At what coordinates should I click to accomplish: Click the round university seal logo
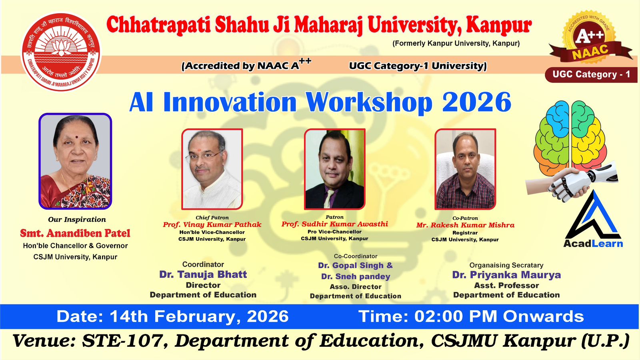click(x=61, y=52)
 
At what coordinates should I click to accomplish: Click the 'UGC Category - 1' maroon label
click(x=591, y=74)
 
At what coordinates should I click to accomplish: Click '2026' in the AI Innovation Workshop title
click(x=476, y=102)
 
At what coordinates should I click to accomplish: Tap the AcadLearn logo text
click(x=593, y=244)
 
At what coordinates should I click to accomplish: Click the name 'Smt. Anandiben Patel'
click(x=75, y=233)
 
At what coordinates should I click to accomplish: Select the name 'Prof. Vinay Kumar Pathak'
click(x=212, y=224)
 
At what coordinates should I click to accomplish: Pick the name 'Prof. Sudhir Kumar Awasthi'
click(x=334, y=224)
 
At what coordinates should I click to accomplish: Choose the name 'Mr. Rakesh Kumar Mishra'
click(x=465, y=225)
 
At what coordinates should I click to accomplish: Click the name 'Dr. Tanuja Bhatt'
click(x=203, y=274)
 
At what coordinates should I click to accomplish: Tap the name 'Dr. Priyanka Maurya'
click(x=506, y=275)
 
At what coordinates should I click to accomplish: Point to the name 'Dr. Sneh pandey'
click(x=356, y=276)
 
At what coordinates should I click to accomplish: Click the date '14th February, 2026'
click(x=199, y=316)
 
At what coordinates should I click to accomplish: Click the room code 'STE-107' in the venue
click(x=123, y=341)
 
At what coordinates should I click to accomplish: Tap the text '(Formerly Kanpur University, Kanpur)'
click(x=456, y=44)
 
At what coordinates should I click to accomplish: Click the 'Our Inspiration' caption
click(x=77, y=220)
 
